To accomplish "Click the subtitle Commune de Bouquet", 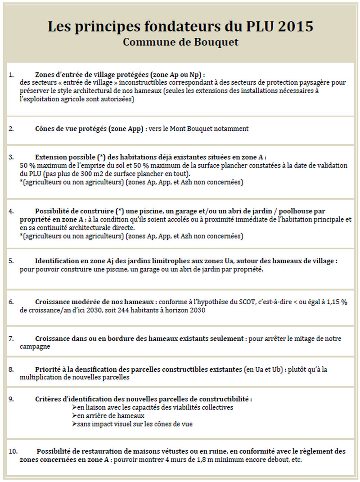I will [180, 42].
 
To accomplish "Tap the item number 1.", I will [10, 74].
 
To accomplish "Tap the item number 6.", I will [10, 302].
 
